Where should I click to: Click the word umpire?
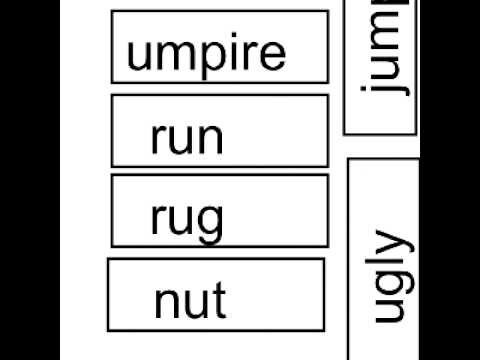pos(206,55)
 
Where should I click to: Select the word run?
pos(186,139)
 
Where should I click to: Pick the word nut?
pos(190,299)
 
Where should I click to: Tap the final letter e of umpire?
pos(273,55)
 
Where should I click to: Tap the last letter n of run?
pos(209,140)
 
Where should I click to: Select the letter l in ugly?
pos(384,263)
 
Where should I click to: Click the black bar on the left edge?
pos(30,180)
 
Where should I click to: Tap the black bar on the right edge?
pos(450,180)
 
